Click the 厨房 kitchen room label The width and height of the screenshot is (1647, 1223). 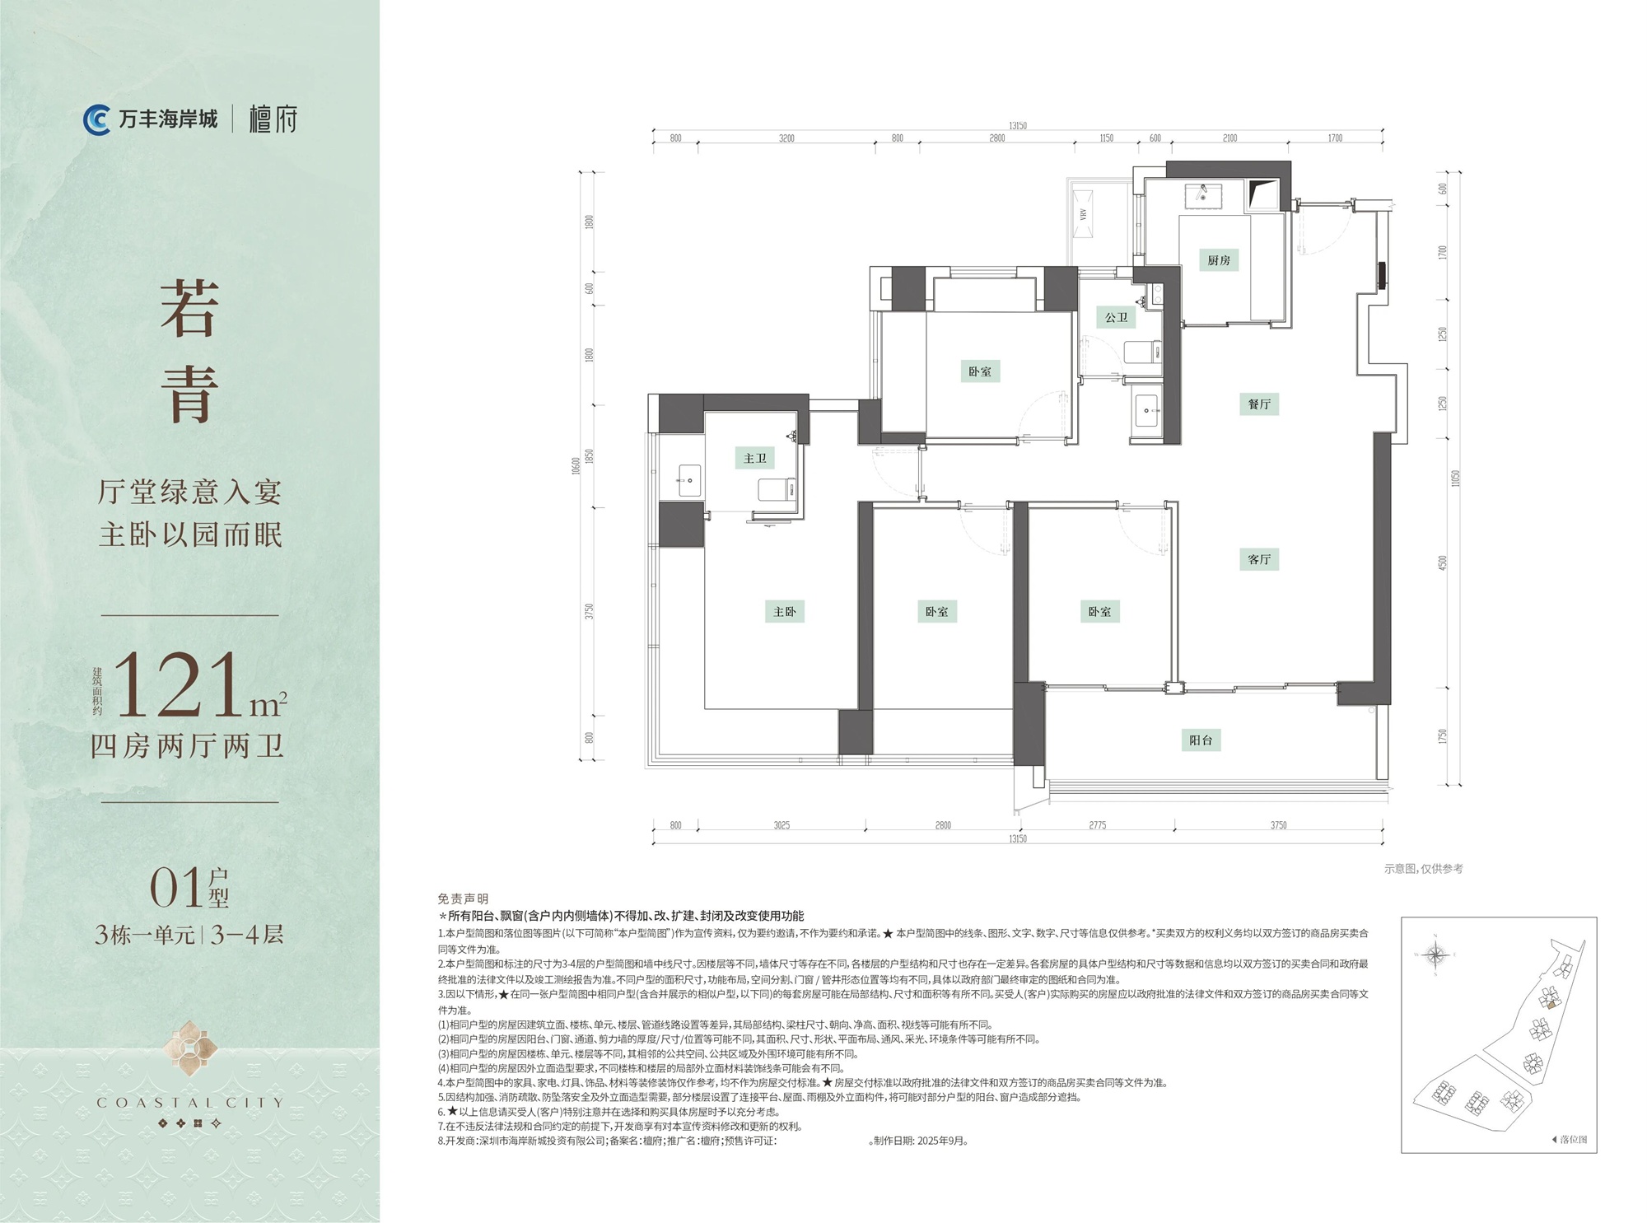tap(1219, 260)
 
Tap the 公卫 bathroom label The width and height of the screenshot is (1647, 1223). tap(1116, 317)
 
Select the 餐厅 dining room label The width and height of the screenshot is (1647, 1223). tap(1259, 404)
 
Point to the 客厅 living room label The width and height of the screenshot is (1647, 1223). tap(1259, 560)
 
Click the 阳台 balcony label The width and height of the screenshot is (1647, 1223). tap(1201, 740)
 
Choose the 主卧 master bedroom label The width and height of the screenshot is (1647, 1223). tap(785, 612)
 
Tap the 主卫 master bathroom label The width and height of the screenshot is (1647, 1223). tap(755, 459)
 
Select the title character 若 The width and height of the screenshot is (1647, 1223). tap(190, 308)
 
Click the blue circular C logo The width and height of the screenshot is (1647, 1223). tap(97, 120)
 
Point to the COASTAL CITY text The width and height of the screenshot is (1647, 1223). tap(189, 1103)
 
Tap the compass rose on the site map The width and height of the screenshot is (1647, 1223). tap(1435, 955)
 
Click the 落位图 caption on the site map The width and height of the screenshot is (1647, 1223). tap(1571, 1140)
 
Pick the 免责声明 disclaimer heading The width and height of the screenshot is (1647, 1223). tap(463, 899)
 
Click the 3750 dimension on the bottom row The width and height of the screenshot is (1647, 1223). tap(1278, 825)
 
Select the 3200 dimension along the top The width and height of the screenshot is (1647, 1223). tap(786, 138)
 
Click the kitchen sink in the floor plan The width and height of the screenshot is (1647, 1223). tap(1203, 196)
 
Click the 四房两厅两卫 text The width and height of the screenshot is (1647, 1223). tap(188, 746)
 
